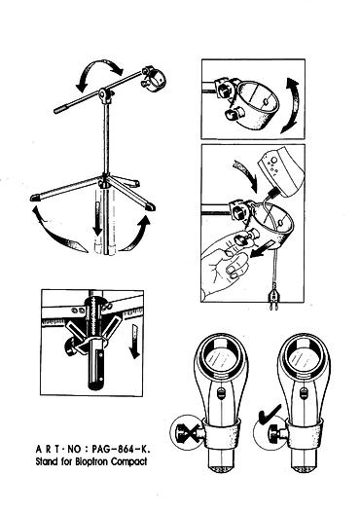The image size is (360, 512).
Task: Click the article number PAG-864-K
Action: click(121, 449)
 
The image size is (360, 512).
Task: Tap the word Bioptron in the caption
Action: click(92, 462)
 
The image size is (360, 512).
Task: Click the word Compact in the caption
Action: click(129, 461)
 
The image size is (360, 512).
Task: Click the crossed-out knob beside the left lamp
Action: click(187, 433)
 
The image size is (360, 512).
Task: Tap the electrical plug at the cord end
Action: click(272, 298)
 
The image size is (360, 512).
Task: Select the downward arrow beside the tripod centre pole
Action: click(97, 219)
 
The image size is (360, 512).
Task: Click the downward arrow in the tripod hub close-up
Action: click(134, 342)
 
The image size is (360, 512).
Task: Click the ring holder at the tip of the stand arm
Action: click(154, 79)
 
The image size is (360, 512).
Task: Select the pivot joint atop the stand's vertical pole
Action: click(105, 94)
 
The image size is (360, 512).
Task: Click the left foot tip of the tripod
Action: click(35, 198)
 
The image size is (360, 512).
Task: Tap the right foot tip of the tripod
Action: click(151, 207)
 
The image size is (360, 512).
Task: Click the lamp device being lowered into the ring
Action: click(280, 173)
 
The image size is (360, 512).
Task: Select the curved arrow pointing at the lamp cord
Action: click(246, 174)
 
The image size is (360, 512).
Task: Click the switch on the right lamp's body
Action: click(304, 393)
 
